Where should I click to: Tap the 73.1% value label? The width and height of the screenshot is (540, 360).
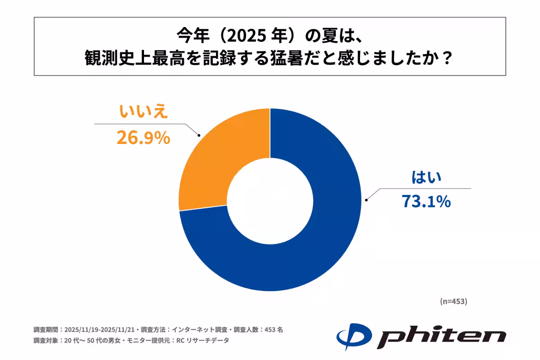point(426,202)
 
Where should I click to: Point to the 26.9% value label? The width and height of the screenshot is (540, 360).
point(143,138)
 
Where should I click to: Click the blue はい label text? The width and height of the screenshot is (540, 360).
point(426,178)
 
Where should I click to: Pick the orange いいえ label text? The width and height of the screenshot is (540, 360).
point(143,112)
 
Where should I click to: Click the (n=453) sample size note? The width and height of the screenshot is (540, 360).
point(453,301)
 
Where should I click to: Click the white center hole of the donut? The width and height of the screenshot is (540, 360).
point(270,199)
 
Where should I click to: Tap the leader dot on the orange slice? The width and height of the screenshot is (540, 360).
point(199,135)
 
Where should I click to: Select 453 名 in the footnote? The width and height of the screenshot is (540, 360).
point(273,329)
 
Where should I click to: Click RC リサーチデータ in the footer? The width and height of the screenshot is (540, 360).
point(205,341)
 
